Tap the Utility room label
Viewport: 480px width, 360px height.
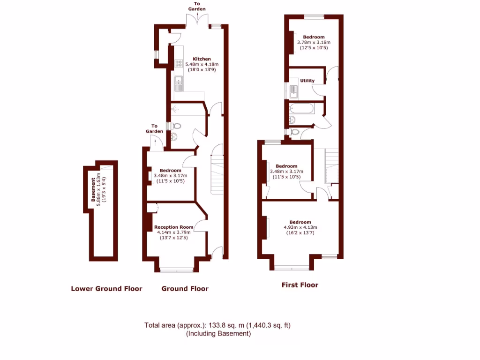307,81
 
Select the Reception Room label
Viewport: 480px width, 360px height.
173,227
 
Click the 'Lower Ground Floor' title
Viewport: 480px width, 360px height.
106,289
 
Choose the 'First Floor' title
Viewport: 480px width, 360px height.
300,285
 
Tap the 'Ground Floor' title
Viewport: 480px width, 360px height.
185,289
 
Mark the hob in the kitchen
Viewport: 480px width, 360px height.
179,64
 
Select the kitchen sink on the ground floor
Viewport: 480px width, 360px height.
179,85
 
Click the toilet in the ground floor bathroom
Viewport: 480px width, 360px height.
175,126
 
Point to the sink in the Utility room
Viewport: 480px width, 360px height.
293,91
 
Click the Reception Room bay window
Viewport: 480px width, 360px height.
176,270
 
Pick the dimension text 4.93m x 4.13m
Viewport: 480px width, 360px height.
300,228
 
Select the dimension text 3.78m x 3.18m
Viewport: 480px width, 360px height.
313,42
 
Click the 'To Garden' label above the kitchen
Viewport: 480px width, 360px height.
197,7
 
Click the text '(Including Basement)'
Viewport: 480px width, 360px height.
218,334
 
